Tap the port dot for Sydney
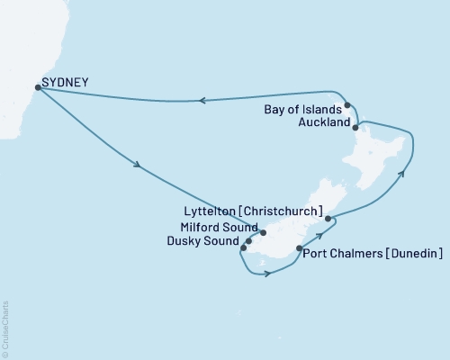pos(37,87)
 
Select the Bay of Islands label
pos(302,111)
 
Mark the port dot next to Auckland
pos(355,128)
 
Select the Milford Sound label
pos(217,229)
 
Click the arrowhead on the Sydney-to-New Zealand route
pos(138,166)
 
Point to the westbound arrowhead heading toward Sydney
pos(202,101)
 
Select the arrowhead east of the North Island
pos(401,173)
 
